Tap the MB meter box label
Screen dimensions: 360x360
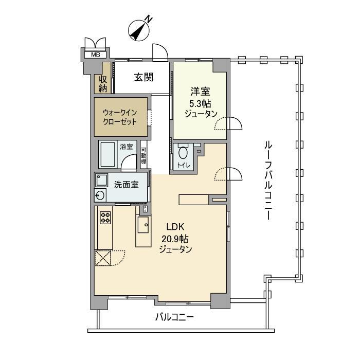pyautogui.click(x=96, y=54)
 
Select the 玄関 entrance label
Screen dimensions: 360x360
pyautogui.click(x=144, y=77)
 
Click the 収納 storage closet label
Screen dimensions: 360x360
pyautogui.click(x=103, y=83)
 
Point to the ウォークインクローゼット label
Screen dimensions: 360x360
pyautogui.click(x=120, y=117)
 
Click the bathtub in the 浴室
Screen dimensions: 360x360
pyautogui.click(x=108, y=155)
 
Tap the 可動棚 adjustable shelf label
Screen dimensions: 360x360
pyautogui.click(x=144, y=154)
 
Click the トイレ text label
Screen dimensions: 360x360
pyautogui.click(x=184, y=166)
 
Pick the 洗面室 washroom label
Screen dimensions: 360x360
pyautogui.click(x=126, y=185)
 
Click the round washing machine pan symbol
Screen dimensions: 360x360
pyautogui.click(x=100, y=195)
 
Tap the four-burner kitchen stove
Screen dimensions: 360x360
pyautogui.click(x=105, y=218)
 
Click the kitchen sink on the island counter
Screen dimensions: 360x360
pyautogui.click(x=143, y=224)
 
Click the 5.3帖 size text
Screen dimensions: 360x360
pyautogui.click(x=201, y=103)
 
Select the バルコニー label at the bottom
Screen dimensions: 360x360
pyautogui.click(x=175, y=317)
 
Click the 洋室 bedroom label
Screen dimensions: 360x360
pyautogui.click(x=201, y=92)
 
